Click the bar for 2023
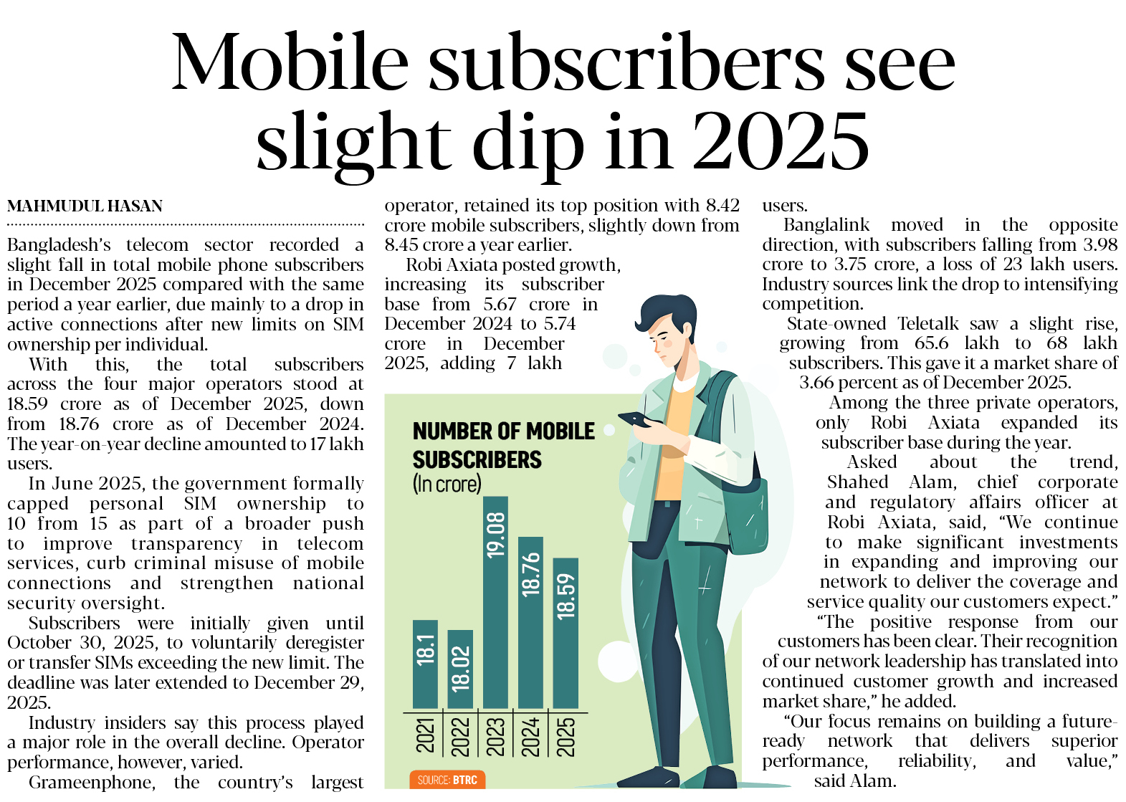pos(495,602)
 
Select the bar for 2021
pos(425,664)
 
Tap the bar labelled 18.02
pos(460,669)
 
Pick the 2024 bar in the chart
pos(530,622)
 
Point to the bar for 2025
pos(566,632)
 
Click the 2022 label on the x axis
pos(460,736)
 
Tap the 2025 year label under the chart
pos(566,736)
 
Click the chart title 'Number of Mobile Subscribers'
pos(502,445)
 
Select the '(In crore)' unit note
pos(447,484)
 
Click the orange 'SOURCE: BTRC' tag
pos(447,780)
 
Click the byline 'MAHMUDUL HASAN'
pos(85,206)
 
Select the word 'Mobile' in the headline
pos(290,63)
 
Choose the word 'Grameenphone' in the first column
pos(92,782)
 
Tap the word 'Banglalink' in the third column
pos(826,225)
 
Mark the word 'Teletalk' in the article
pos(927,324)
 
